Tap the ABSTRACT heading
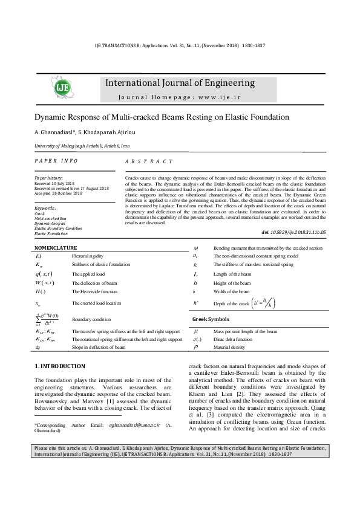(148, 162)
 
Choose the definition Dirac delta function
(234, 340)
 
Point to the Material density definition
(231, 348)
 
